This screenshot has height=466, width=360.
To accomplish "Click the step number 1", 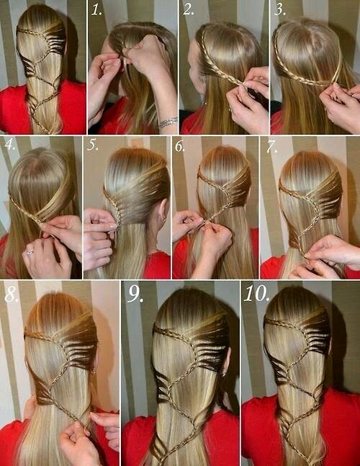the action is coord(96,10).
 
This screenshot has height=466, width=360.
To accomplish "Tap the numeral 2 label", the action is coord(189,9).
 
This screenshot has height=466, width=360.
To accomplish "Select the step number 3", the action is coord(280,10).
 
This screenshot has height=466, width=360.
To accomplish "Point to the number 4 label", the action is coord(10,145).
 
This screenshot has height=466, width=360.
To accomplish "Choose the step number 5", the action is coord(92,145).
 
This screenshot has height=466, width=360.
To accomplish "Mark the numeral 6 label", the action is coord(180,146).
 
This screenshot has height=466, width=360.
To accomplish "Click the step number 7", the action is coord(271,147).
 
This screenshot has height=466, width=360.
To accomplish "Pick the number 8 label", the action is coord(12,295).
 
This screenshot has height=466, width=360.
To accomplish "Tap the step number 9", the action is coord(135,295).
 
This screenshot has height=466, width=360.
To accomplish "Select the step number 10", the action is coord(257,294).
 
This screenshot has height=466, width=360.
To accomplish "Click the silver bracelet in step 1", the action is coord(168,122).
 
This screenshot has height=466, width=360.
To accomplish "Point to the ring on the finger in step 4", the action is coord(30,252).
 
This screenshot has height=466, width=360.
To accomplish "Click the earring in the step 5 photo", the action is coord(163,220).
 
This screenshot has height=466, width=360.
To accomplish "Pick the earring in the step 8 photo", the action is coord(94,371).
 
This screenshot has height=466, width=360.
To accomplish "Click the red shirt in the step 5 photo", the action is coord(156,265).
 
